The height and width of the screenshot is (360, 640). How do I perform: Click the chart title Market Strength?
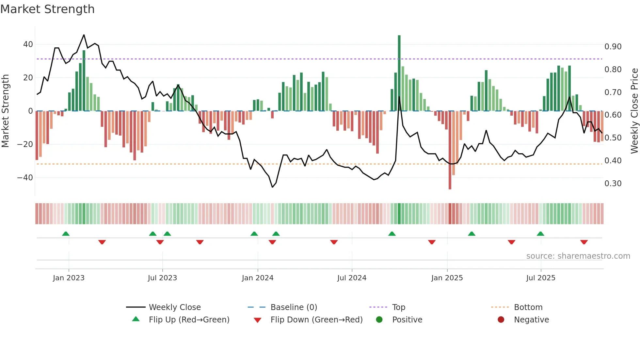tap(47, 9)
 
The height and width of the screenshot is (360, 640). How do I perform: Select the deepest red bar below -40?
tap(450, 150)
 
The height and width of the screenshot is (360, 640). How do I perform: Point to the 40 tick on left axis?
tap(28, 44)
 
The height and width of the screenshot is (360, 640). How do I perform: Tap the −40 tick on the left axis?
tap(25, 178)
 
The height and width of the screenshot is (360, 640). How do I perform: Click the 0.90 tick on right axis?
tap(613, 47)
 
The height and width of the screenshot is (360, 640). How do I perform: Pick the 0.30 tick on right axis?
tap(613, 184)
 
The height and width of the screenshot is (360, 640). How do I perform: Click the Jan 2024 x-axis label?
tap(258, 278)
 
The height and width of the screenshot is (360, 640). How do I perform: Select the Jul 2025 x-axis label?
tap(541, 278)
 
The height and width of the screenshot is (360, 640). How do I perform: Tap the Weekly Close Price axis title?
tap(634, 111)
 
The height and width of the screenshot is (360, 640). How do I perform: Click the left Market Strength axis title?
tap(5, 111)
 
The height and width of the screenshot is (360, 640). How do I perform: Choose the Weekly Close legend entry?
tap(175, 307)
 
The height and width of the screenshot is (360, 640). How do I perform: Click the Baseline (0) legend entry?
tap(294, 307)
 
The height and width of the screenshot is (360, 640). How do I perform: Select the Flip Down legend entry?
tap(316, 320)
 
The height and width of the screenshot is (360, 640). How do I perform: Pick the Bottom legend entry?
tap(528, 307)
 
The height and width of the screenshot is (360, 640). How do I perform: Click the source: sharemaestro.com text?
tap(578, 256)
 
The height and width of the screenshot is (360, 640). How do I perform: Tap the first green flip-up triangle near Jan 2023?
tap(66, 234)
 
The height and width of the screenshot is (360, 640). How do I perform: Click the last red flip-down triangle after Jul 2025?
tap(584, 242)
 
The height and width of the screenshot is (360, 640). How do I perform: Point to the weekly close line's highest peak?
tap(84, 35)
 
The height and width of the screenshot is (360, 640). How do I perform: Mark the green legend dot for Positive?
tap(379, 320)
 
